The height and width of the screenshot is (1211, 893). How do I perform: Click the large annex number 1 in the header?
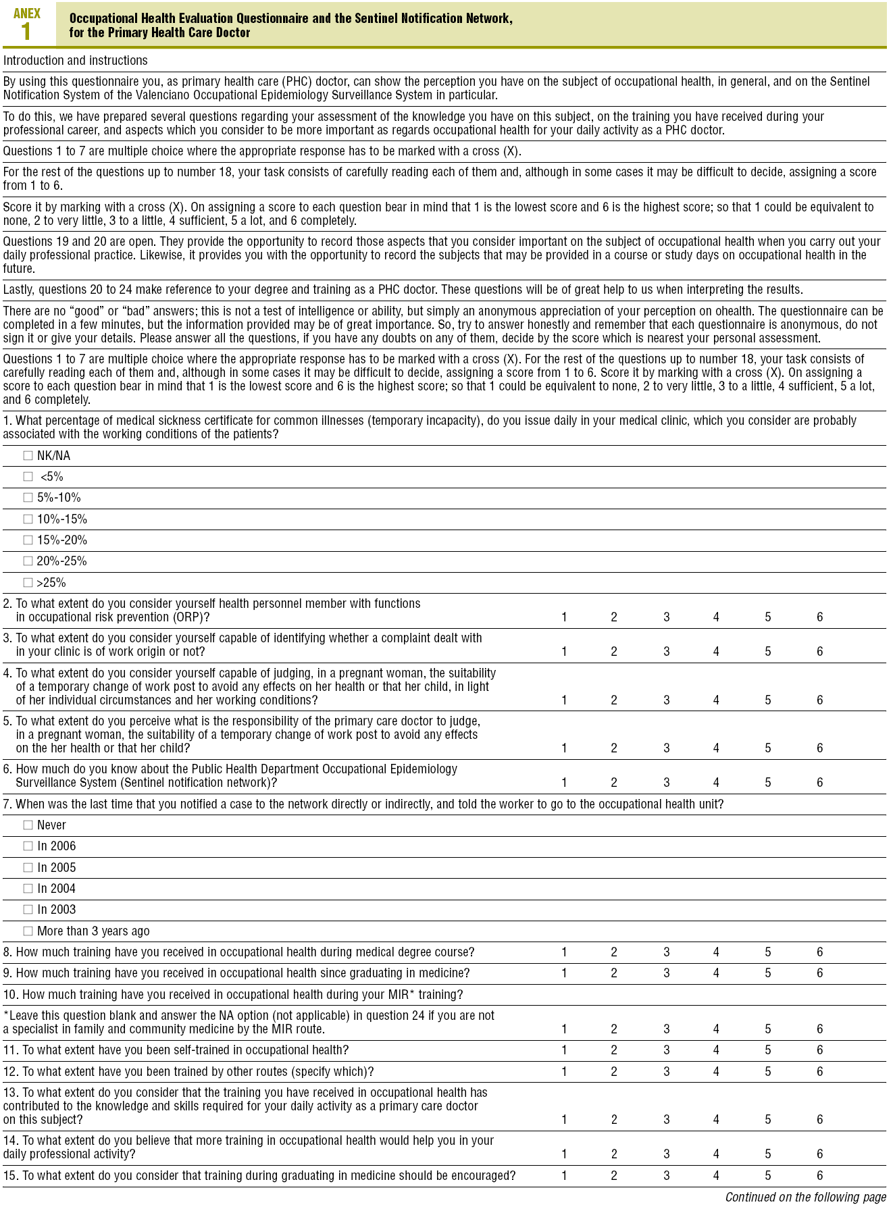pos(26,32)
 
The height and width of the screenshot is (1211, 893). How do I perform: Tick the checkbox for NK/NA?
pos(28,456)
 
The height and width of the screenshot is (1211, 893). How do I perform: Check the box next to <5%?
pos(28,477)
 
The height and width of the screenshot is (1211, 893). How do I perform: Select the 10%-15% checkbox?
pos(28,519)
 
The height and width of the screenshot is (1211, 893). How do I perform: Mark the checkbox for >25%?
pos(28,583)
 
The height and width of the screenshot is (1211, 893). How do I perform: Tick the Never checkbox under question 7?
pos(28,825)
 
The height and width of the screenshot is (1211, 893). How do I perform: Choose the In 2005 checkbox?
pos(28,868)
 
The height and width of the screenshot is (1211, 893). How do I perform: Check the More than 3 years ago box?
pos(28,931)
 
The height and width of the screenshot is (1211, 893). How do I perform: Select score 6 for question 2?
pos(819,617)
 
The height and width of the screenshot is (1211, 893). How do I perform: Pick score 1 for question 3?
pos(564,652)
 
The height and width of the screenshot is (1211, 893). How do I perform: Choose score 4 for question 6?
pos(716,783)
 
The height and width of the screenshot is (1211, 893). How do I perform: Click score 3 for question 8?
pos(666,952)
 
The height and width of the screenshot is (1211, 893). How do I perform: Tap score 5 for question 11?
pos(768,1050)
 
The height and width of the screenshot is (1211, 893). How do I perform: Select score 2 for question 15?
pos(614,1176)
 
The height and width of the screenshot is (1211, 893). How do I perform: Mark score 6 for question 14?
pos(819,1154)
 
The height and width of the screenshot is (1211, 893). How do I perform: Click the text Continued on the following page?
pos(805,1197)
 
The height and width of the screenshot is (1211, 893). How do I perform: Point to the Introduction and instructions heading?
pos(76,61)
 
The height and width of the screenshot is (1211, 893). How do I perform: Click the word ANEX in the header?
pos(27,13)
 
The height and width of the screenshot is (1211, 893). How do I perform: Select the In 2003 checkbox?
pos(28,910)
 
